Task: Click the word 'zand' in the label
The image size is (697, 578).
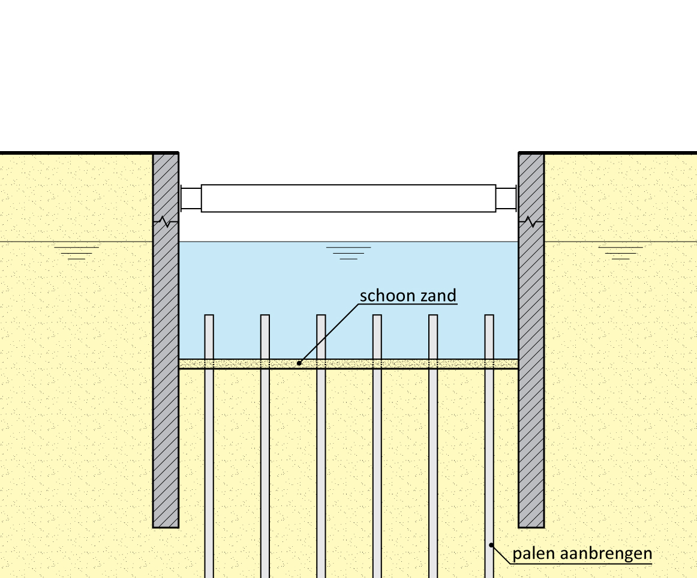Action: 438,296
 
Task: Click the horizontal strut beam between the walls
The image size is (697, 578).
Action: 348,198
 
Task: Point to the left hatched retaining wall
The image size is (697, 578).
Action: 166,360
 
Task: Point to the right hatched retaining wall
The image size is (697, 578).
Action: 531,360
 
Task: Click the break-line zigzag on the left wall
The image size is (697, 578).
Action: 166,222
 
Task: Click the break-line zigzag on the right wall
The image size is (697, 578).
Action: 531,222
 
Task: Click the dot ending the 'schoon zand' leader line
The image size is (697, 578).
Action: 299,363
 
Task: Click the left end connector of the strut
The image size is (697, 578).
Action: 190,198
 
